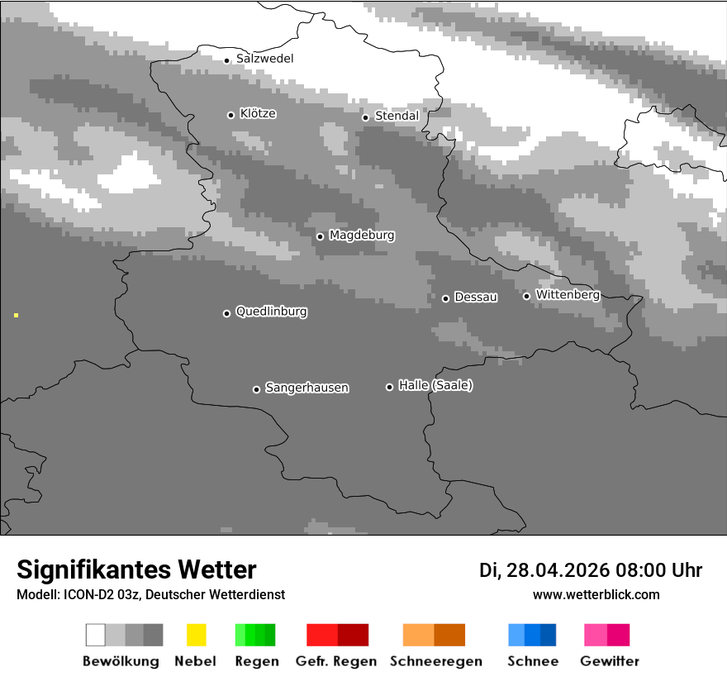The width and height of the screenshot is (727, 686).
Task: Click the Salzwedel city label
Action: point(264,59)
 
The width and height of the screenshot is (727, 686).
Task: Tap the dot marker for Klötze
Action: point(230,115)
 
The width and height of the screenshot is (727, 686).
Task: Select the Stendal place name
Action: point(397,117)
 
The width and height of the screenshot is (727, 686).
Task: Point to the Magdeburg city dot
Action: point(320,236)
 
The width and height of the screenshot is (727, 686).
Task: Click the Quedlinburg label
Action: point(271,312)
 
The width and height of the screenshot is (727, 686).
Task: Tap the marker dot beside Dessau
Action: point(445,298)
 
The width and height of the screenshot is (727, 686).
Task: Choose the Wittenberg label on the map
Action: point(567,295)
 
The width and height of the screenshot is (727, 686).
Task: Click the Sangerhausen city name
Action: point(306,388)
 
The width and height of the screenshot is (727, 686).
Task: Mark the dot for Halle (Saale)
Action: point(389,387)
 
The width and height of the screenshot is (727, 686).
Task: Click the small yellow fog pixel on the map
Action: point(16,315)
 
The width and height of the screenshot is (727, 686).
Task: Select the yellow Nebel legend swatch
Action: point(196,635)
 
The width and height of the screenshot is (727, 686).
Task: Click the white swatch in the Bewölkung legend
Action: point(96,635)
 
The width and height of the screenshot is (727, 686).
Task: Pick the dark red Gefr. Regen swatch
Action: point(353,635)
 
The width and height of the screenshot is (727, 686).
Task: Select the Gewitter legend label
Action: point(610,661)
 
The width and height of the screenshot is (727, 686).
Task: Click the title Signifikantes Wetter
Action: point(136,570)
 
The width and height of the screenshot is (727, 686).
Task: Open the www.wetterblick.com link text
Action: point(596,594)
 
